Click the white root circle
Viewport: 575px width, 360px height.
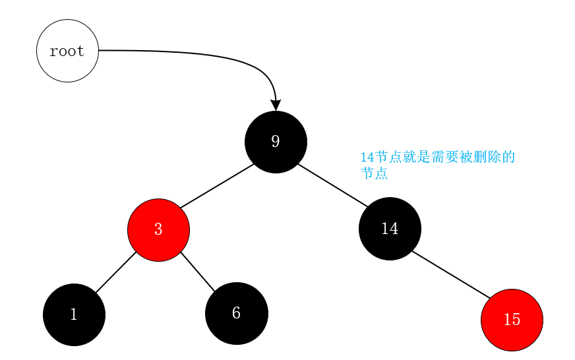[67, 51]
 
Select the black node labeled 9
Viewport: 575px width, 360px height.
[276, 142]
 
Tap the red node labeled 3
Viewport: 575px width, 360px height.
[158, 229]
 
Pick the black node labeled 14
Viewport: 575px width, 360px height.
[390, 229]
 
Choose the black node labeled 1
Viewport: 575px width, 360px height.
[74, 315]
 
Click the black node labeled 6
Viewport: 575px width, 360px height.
[236, 313]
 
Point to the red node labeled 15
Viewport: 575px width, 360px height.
[512, 320]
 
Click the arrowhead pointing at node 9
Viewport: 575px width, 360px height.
[276, 104]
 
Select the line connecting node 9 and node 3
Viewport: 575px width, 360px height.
[217, 186]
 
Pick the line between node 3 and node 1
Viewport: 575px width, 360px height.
[115, 272]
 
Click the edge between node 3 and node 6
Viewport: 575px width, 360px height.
[198, 272]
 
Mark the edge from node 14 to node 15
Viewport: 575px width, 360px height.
[451, 275]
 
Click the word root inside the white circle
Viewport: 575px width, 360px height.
[67, 51]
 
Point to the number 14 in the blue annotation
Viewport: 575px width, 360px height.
[367, 158]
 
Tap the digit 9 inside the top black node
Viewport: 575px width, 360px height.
[276, 141]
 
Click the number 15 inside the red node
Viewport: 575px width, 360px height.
[512, 320]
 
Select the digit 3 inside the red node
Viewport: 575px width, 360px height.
[158, 229]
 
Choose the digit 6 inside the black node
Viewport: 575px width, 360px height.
[236, 313]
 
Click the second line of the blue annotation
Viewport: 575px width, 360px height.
[373, 174]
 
